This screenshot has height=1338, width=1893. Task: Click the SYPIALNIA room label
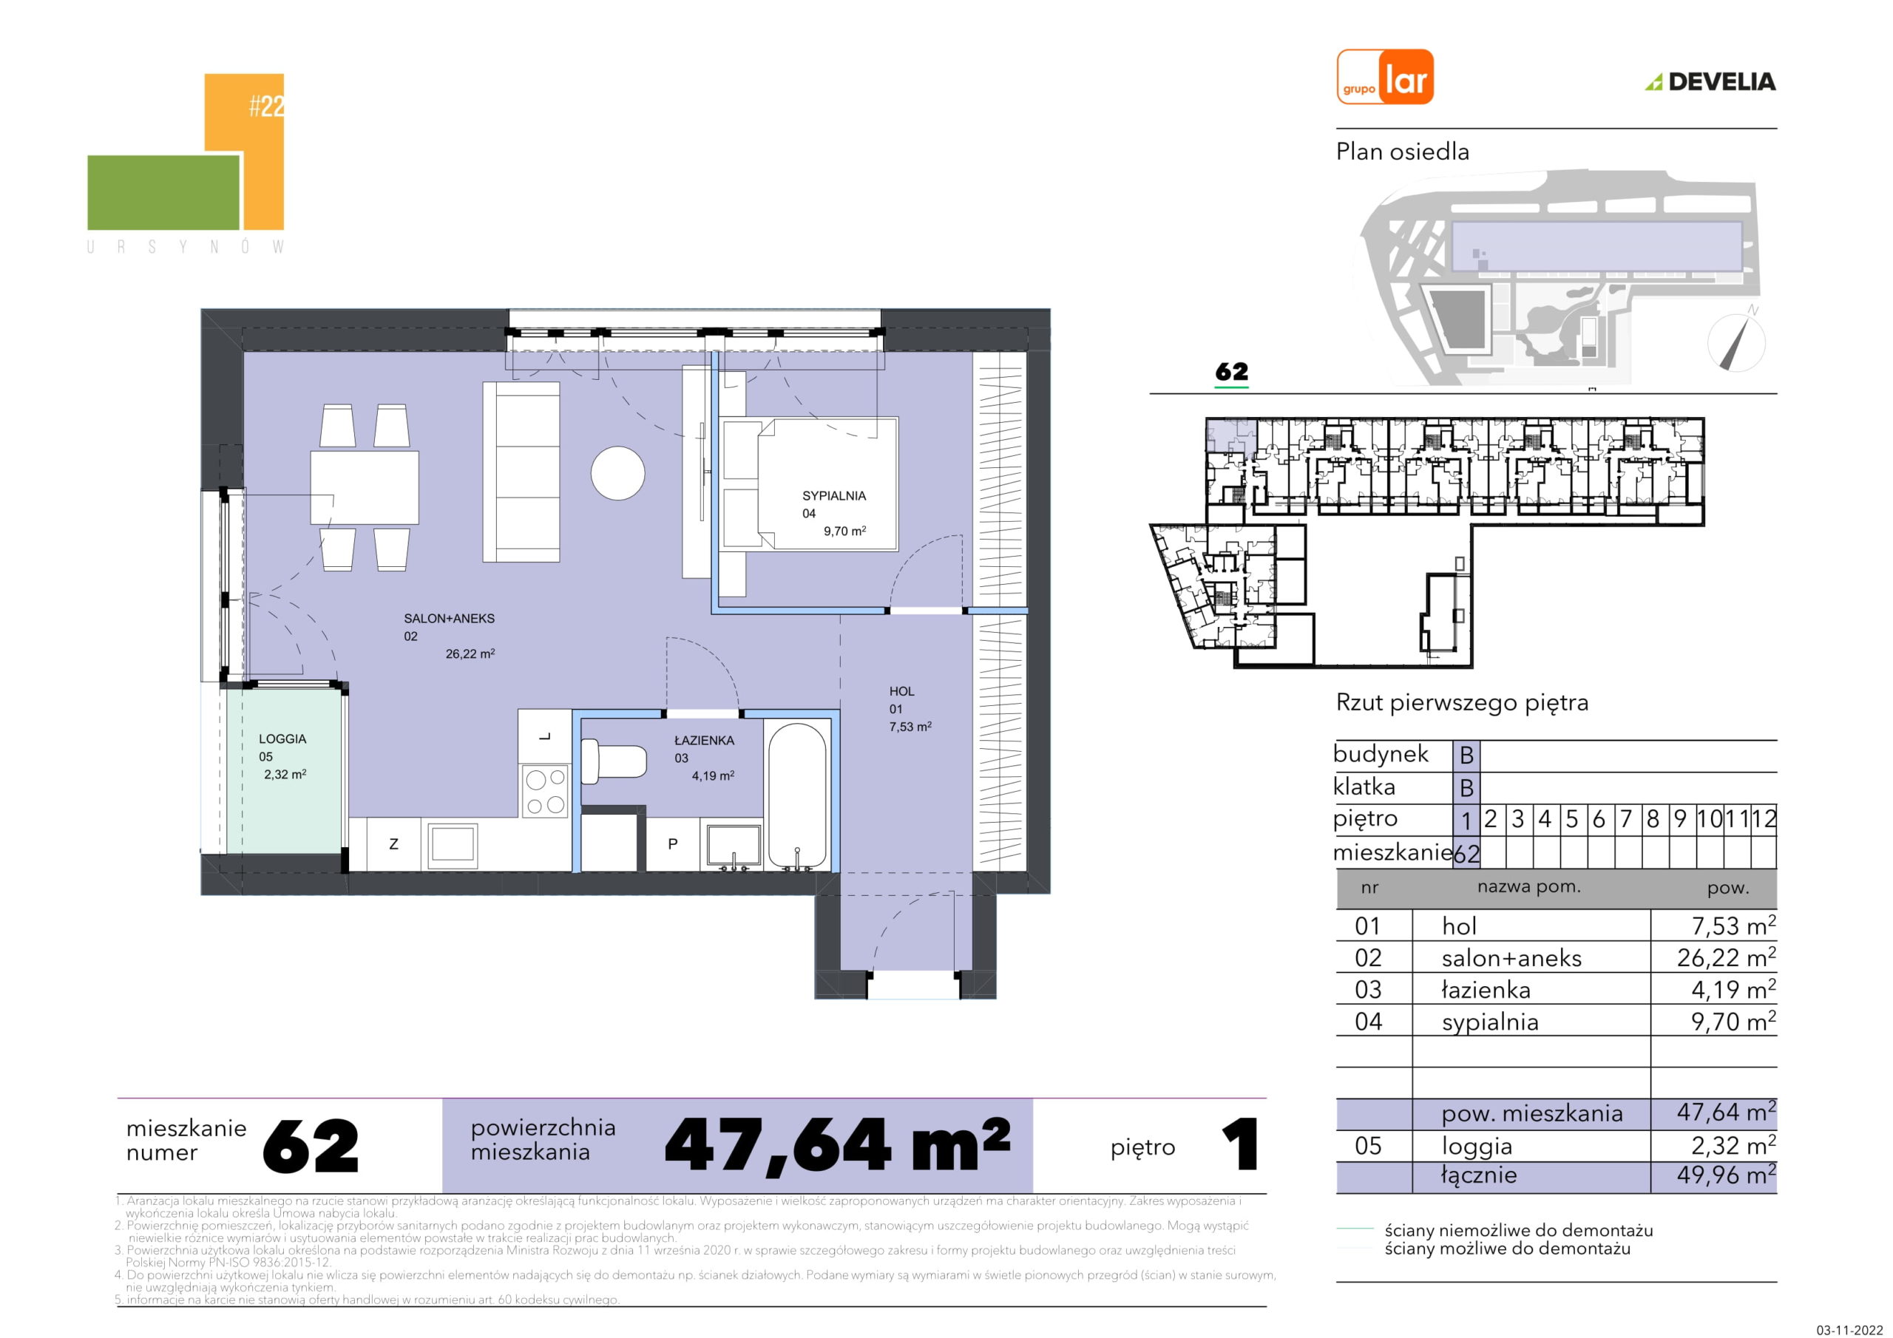point(833,495)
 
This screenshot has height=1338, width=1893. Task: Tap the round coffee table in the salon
point(617,472)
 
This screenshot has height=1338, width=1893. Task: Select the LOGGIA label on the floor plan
point(282,738)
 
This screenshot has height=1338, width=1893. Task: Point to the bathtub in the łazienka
point(796,795)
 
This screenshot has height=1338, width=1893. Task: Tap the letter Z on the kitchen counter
point(393,843)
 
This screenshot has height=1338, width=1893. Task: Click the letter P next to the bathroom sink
point(673,843)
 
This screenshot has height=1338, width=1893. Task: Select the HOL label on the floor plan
point(901,691)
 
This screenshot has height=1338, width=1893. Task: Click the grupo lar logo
point(1384,77)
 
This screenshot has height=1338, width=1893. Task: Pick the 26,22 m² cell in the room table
point(1726,957)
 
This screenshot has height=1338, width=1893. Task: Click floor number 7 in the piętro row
point(1626,818)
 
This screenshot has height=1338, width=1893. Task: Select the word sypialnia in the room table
point(1490,1022)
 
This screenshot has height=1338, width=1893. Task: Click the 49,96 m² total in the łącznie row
point(1726,1174)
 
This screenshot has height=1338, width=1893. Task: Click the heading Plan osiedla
point(1403,152)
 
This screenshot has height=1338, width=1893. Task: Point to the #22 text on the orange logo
point(266,106)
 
